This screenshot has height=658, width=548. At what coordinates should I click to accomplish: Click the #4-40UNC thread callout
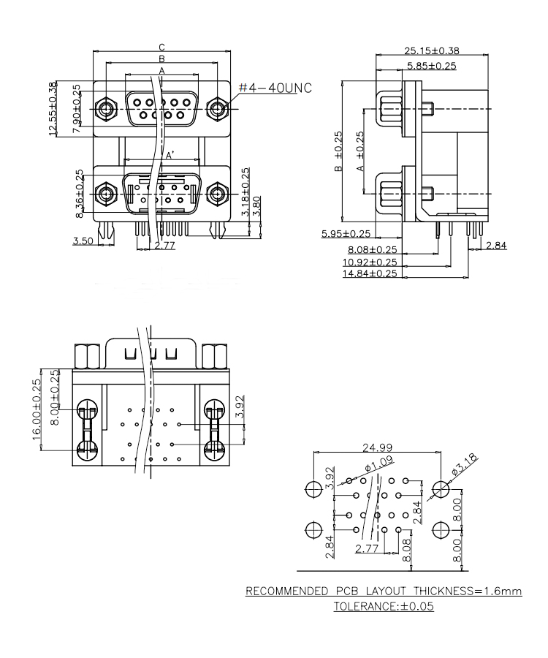coord(275,88)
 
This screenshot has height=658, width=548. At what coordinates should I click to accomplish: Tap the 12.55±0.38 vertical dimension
coord(53,108)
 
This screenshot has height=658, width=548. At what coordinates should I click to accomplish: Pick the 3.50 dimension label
coord(83,241)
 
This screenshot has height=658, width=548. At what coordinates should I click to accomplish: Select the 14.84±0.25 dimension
coord(370,273)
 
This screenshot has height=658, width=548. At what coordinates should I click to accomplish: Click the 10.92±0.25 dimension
coord(370,261)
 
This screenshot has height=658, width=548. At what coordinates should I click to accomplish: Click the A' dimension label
coord(169,156)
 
